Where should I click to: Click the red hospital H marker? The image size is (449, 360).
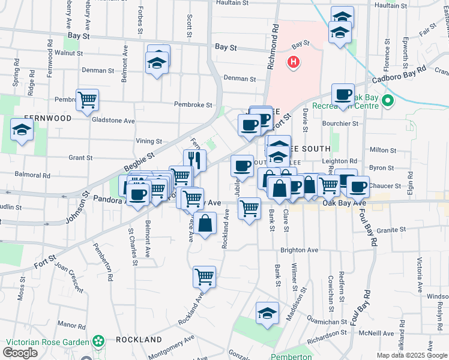tap(293, 62)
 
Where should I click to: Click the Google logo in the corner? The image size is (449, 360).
tap(20, 353)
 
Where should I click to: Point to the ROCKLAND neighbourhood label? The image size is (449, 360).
tap(139, 340)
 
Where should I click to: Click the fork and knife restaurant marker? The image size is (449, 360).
tap(194, 160)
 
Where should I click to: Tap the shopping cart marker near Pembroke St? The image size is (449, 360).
tap(87, 100)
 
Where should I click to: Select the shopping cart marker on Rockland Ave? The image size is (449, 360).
tap(204, 277)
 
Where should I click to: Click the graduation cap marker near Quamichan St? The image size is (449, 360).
tap(267, 313)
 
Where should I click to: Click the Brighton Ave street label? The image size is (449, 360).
tap(299, 250)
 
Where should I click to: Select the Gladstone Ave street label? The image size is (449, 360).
tap(113, 120)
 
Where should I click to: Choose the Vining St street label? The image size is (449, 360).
tap(149, 142)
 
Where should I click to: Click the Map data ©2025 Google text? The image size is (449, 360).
tap(411, 355)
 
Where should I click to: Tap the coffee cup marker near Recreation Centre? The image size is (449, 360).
tap(343, 95)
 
